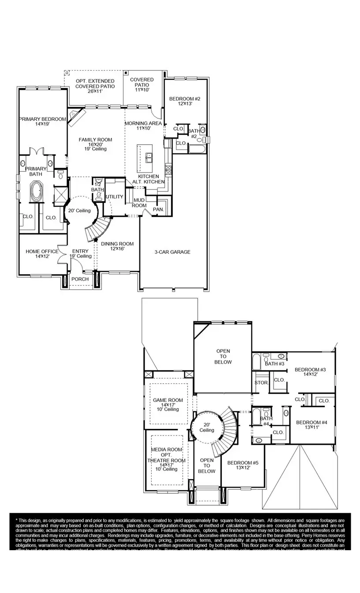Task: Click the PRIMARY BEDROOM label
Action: pos(42,119)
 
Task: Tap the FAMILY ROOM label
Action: pos(95,140)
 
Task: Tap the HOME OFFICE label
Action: pos(42,251)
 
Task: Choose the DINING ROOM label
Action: pos(117,244)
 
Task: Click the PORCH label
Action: pos(80,279)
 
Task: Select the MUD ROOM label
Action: pos(139,203)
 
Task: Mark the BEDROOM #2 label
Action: pos(185,99)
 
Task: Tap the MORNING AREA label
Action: pos(143,124)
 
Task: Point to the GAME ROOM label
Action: pos(168,401)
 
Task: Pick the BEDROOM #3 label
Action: pos(310,370)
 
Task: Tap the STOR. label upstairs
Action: pos(261,383)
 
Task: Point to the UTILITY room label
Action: pos(114,197)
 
